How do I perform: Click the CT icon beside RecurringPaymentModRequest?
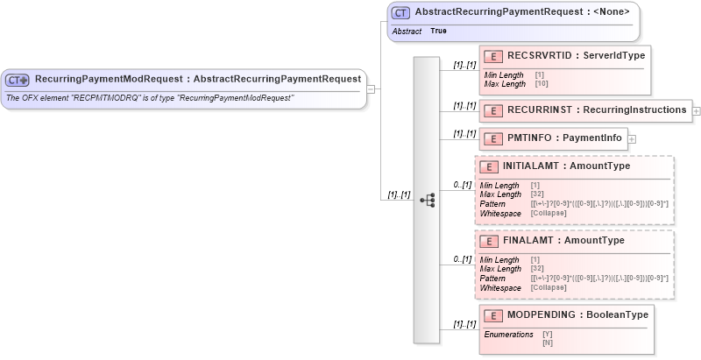(x=18, y=79)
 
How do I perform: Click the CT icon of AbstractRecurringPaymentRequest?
(x=401, y=13)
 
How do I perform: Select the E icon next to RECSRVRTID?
(x=493, y=55)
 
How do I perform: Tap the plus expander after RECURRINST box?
(x=697, y=111)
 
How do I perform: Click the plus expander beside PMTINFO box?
(x=632, y=138)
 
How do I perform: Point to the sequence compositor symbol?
(x=427, y=200)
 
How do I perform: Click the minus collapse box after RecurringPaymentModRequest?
(x=372, y=88)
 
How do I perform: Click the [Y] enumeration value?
(x=547, y=334)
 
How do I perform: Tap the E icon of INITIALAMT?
(x=489, y=166)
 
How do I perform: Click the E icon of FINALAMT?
(x=489, y=240)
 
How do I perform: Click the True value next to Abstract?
(x=438, y=31)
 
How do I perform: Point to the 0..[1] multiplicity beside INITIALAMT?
(x=463, y=185)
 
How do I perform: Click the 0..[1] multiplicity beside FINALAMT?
(x=463, y=259)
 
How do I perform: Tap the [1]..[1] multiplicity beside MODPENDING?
(x=464, y=324)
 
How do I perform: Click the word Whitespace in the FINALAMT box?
(x=500, y=287)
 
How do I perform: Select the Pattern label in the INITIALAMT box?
(x=493, y=204)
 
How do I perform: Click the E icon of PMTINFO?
(x=493, y=138)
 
